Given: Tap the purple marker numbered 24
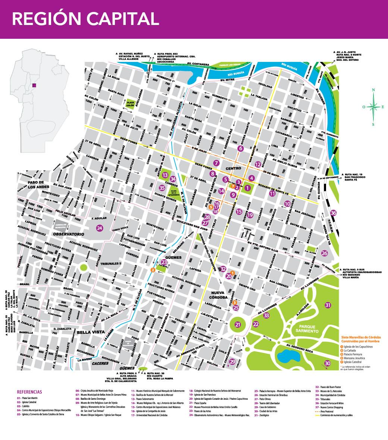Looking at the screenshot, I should click(99, 228).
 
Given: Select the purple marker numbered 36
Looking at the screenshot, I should click(334, 213).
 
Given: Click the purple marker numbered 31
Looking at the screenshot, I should click(328, 305).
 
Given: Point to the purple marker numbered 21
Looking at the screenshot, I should click(238, 325).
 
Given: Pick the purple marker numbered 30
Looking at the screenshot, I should click(328, 363).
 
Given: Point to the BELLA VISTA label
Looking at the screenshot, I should click(88, 332).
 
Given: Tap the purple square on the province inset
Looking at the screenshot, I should click(34, 85).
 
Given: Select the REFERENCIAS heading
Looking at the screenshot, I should click(29, 392).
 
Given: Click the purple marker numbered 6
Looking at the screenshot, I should click(240, 148).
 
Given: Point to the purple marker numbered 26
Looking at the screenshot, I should click(324, 254).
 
